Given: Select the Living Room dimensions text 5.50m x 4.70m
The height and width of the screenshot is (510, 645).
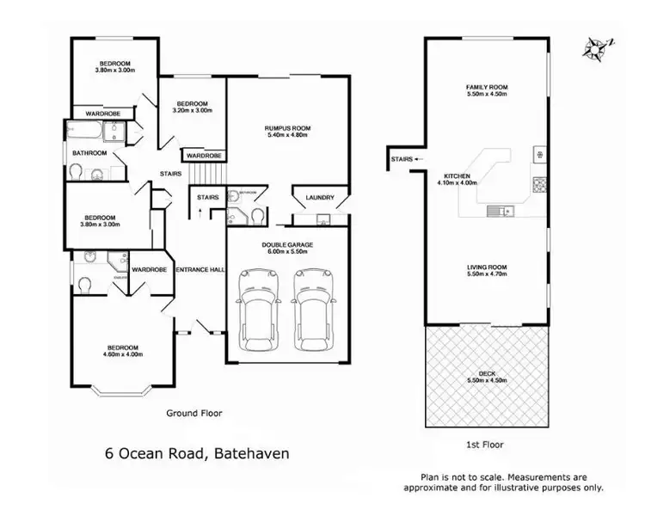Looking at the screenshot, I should click(487, 274).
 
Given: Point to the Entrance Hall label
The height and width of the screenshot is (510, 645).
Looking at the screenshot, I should click(200, 269).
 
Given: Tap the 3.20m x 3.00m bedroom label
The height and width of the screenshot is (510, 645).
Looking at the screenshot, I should click(191, 106).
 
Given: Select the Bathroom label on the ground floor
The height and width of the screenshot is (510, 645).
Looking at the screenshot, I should click(89, 153).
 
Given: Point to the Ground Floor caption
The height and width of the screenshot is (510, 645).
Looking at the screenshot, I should click(193, 413).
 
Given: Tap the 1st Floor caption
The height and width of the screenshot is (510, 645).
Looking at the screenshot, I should click(487, 445).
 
